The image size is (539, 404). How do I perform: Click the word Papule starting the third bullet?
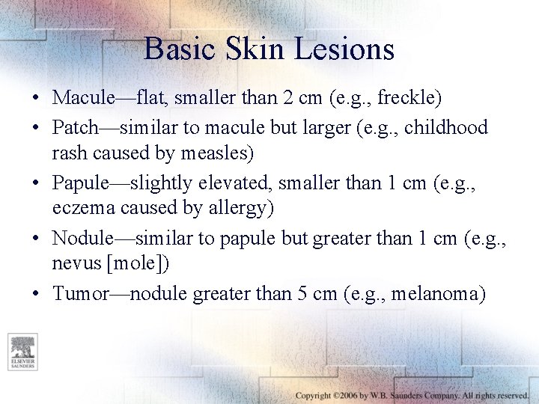pos(78,183)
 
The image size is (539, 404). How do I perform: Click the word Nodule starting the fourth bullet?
pos(81,238)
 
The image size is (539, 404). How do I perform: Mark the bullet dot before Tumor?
pos(36,294)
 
